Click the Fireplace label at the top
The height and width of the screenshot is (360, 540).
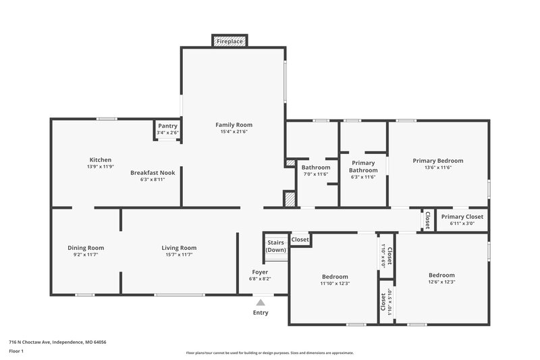[230, 42]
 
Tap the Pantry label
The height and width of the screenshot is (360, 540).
[167, 126]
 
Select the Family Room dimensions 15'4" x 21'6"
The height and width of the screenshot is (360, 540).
[234, 132]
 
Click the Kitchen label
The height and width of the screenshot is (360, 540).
[101, 160]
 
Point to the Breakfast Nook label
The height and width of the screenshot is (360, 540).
[153, 173]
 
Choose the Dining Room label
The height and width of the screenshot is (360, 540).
[86, 248]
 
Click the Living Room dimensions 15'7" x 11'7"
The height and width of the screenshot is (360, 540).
[179, 255]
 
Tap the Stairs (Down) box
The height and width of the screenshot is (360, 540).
[275, 246]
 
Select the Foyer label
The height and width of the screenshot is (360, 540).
[260, 272]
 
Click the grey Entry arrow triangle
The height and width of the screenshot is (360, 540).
[261, 303]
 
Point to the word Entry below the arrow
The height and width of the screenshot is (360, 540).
[261, 313]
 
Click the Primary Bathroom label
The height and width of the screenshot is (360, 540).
[363, 166]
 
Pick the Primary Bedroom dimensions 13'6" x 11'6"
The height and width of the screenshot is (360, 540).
[438, 168]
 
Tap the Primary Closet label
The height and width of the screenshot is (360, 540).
[462, 216]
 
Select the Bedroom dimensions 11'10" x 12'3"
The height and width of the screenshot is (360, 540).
[335, 284]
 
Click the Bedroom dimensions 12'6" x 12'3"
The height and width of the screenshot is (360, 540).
[441, 282]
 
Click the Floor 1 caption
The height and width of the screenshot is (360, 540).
[16, 352]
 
